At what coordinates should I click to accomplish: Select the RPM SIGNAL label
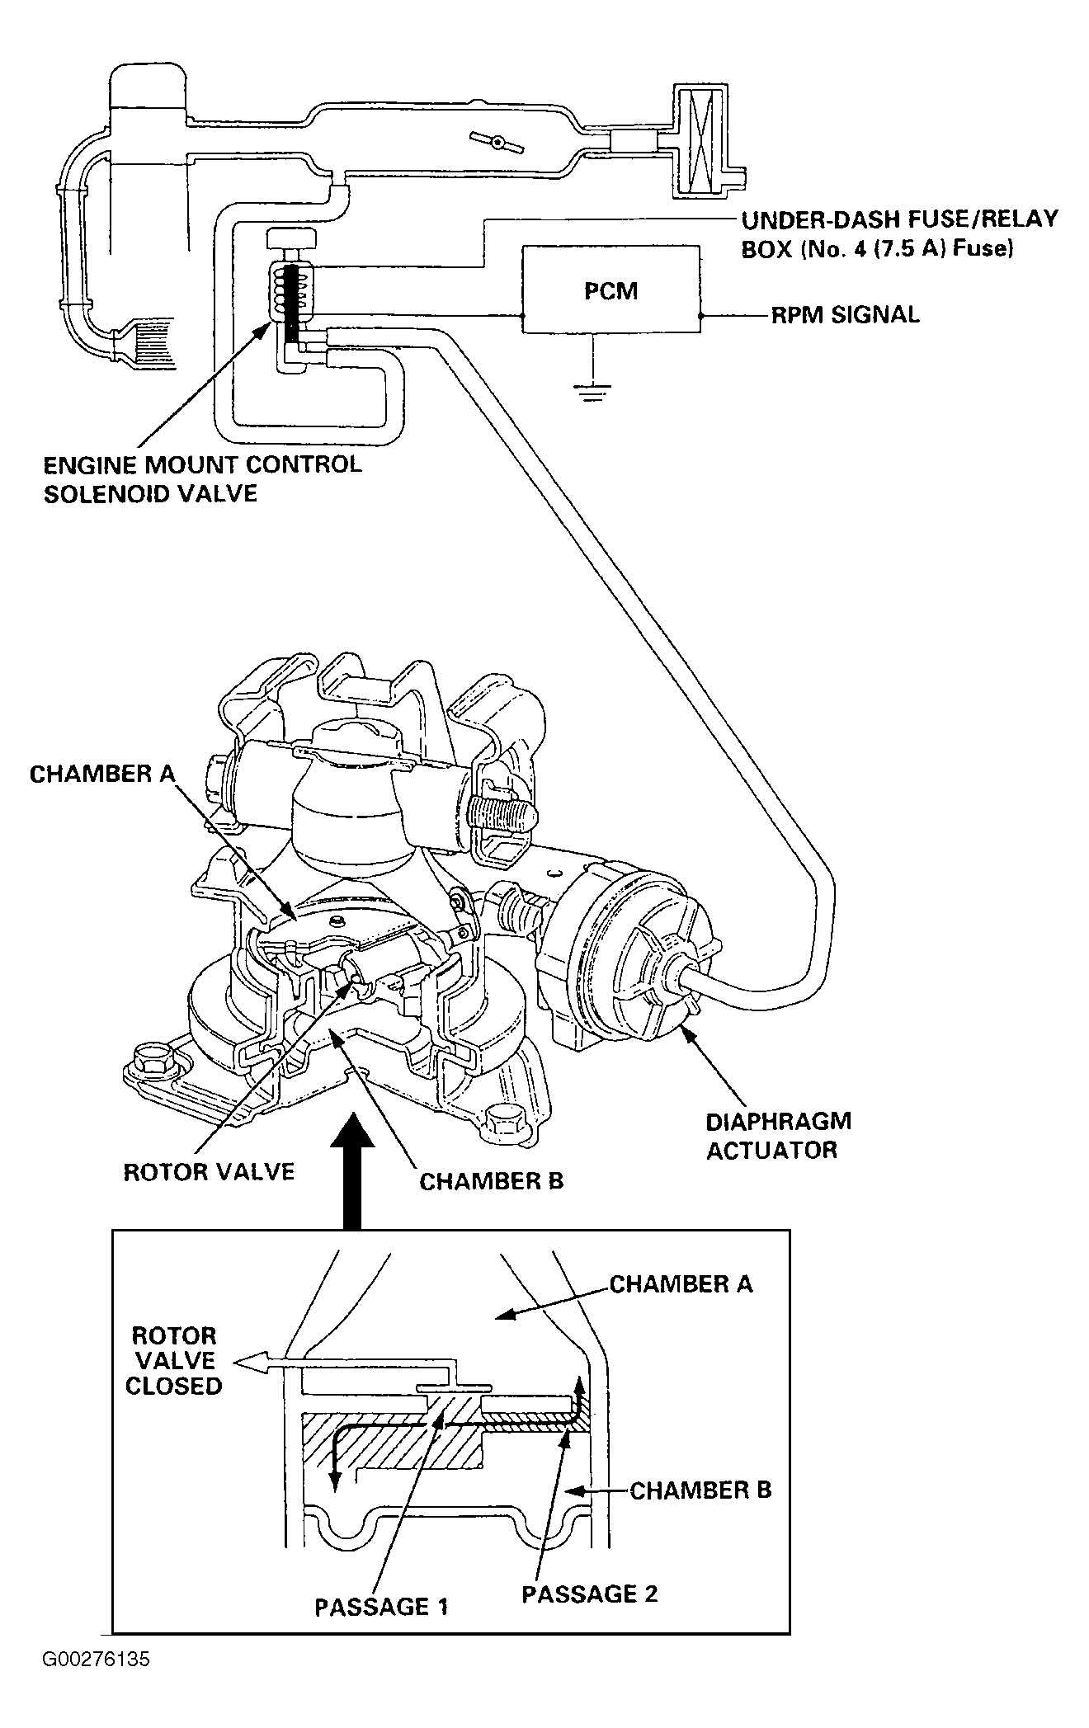point(845,315)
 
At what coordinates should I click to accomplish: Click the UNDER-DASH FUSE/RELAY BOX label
point(899,234)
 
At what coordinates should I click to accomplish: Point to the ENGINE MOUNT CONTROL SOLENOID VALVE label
point(203,478)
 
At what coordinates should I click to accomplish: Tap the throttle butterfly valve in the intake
point(497,142)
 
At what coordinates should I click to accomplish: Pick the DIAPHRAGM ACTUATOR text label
point(778,1135)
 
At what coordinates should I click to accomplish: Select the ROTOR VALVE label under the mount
point(209,1172)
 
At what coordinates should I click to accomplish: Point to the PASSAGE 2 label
point(590,1594)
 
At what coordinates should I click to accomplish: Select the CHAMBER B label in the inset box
point(700,1490)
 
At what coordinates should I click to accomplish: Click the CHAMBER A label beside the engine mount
point(101,775)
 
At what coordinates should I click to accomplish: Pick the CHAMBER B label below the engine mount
point(492,1181)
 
